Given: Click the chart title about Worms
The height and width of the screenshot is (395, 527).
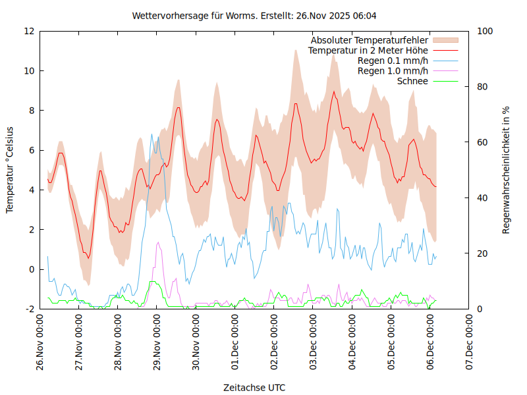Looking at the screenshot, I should point(254,15).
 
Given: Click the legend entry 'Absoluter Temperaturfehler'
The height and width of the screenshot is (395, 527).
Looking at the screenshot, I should point(370,40).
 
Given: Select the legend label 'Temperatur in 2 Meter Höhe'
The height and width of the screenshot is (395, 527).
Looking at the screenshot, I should point(368,50).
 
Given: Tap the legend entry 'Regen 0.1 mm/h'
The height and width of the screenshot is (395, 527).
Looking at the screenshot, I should point(393,61).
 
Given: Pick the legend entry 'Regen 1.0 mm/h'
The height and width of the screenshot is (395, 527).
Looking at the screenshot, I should point(393,70).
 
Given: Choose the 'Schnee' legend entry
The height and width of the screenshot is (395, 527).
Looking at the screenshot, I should point(413,81).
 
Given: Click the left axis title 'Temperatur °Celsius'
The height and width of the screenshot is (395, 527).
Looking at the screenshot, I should point(10,169).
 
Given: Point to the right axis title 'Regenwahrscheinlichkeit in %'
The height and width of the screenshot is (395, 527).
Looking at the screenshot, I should point(506,170).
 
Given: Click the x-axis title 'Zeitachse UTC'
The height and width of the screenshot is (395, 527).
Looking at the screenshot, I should point(254,387).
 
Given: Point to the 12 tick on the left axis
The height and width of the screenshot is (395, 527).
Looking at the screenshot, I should point(30,31).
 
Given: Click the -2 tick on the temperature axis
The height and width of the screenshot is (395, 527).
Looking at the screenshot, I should point(30,309).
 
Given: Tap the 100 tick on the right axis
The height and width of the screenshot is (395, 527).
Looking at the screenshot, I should point(485,31).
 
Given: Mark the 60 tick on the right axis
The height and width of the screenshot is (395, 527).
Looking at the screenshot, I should point(482,142).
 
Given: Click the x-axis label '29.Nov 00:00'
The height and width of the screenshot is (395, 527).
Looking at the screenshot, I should point(157,342).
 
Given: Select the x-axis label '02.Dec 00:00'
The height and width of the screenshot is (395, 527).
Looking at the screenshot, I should point(274,342).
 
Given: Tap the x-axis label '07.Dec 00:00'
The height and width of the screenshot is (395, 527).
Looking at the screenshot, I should point(469,342).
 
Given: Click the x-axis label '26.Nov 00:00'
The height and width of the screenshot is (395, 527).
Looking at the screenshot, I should point(40,342).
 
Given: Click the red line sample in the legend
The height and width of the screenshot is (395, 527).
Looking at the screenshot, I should point(445,50).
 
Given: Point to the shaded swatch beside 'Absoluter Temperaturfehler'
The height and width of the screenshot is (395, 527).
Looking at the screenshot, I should point(445,40).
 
